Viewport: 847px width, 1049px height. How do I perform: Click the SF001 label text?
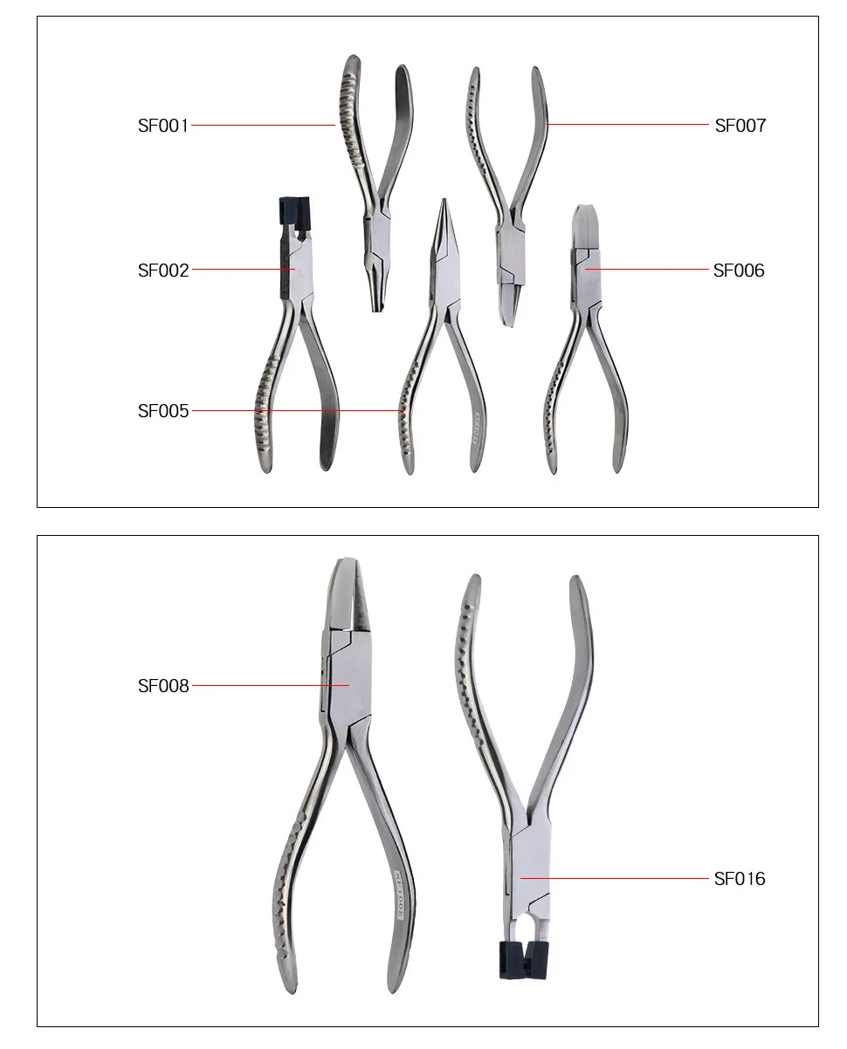(x=163, y=126)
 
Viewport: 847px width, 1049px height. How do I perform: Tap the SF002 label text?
(x=163, y=271)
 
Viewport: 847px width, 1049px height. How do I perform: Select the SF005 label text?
(x=163, y=411)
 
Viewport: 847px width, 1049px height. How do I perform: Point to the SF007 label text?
(x=740, y=126)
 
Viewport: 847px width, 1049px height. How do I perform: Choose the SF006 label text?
(x=739, y=271)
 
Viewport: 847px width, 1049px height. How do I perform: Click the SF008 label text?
(x=163, y=686)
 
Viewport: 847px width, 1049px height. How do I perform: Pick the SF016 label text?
(x=740, y=879)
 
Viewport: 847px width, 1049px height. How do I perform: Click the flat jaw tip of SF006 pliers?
(x=584, y=218)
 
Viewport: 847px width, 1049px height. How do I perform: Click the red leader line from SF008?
(x=271, y=686)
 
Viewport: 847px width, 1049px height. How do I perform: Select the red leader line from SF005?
(x=297, y=411)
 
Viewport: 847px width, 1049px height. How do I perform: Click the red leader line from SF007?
(x=629, y=125)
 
